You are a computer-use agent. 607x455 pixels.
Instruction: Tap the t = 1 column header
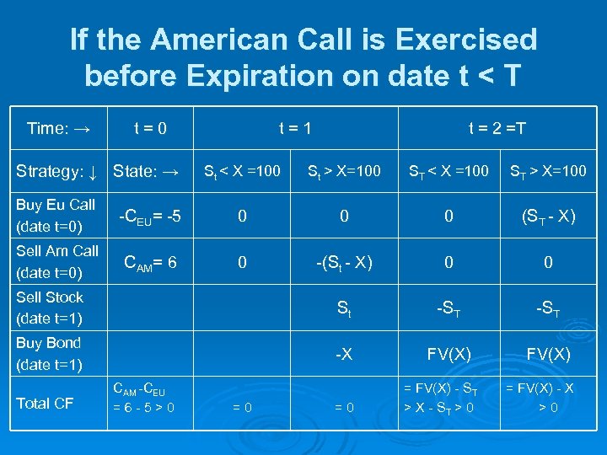click(295, 129)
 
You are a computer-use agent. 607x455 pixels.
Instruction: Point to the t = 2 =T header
click(497, 129)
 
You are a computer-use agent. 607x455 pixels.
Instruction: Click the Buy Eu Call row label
click(56, 216)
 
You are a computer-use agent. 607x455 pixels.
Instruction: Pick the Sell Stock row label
click(50, 308)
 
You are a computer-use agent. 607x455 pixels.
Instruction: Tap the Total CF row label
click(46, 403)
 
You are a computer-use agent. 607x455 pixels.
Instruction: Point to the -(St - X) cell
click(344, 263)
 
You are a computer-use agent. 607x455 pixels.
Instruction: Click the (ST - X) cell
click(548, 217)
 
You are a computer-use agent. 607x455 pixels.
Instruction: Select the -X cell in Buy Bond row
click(344, 355)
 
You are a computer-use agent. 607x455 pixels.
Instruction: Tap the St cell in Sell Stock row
click(344, 309)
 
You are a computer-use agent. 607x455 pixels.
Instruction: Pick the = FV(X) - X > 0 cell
click(548, 398)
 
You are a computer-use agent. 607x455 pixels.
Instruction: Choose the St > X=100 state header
click(344, 173)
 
